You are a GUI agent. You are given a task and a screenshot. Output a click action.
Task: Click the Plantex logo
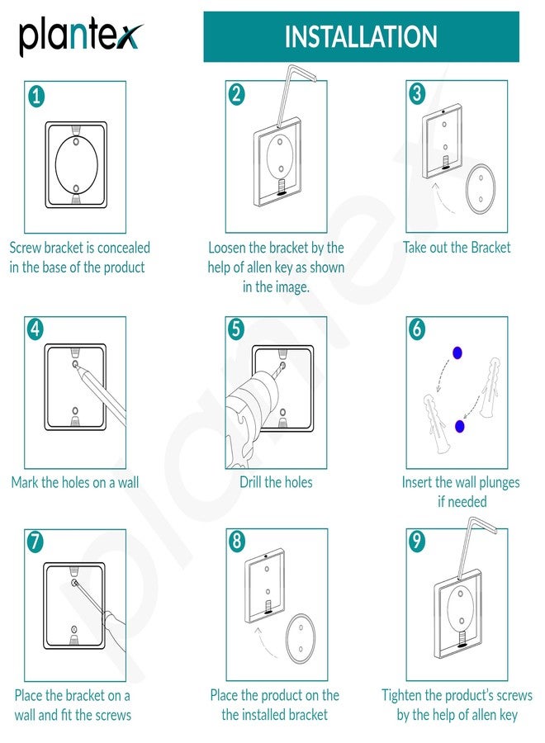(x=79, y=38)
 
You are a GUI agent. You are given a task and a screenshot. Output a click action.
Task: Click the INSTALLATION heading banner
(x=361, y=37)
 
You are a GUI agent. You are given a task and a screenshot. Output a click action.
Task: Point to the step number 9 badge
(x=418, y=542)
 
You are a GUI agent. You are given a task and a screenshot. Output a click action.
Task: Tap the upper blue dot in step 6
(x=457, y=353)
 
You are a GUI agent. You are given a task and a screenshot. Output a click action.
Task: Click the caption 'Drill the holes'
(x=276, y=482)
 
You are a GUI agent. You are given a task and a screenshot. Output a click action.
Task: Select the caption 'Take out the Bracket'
(x=457, y=248)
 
